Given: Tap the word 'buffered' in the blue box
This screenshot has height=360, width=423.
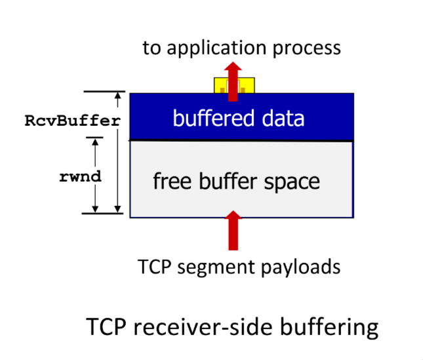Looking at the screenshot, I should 206,119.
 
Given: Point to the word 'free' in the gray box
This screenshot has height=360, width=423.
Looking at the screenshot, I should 171,180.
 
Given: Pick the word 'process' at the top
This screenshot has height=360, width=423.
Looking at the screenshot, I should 308,49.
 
